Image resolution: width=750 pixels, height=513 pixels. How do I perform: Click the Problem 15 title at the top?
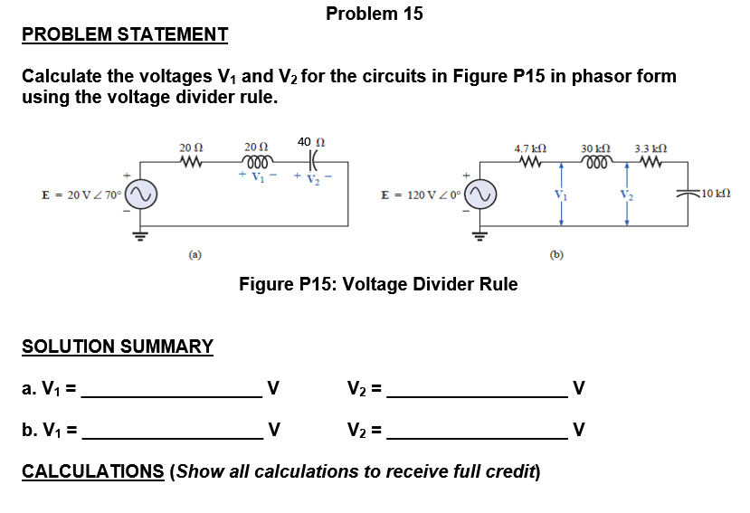(374, 14)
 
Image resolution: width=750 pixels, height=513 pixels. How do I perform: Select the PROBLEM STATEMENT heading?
(125, 35)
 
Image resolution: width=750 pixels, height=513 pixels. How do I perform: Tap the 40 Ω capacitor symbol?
(310, 163)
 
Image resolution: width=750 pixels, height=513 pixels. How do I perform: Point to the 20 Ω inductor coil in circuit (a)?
(256, 163)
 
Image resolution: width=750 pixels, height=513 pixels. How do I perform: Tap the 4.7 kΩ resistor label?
(529, 148)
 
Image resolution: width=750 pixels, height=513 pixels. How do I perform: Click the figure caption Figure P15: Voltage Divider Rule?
(377, 284)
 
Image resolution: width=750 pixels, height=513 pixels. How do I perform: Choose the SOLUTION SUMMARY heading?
(118, 347)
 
